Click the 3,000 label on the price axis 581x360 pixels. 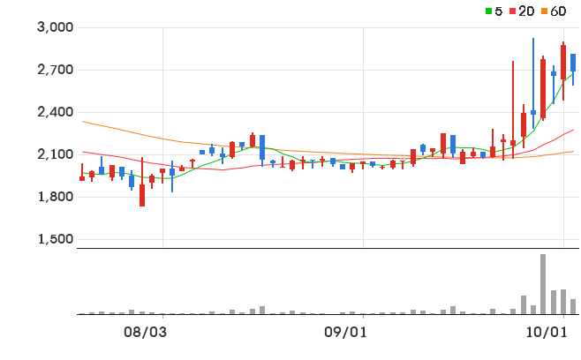point(56,27)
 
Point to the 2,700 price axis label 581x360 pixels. point(56,69)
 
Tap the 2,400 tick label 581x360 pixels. point(56,112)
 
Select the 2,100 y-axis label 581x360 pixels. point(56,154)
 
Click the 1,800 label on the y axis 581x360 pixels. point(56,197)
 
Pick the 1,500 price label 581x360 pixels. point(56,239)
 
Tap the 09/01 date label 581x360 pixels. point(346,333)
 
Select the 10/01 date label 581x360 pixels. point(547,333)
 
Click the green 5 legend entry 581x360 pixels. point(494,11)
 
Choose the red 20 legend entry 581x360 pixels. point(522,11)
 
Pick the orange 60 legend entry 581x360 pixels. point(554,11)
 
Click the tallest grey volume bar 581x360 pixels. point(543,284)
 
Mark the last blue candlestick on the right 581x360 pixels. point(573,63)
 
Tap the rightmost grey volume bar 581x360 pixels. point(573,307)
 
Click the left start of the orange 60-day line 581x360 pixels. point(83,121)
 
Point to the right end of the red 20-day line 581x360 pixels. point(574,130)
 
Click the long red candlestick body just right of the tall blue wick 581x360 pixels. point(543,88)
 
